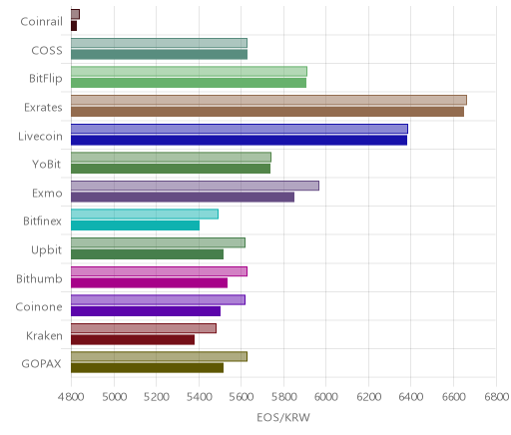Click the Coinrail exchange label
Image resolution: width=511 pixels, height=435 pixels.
pyautogui.click(x=41, y=22)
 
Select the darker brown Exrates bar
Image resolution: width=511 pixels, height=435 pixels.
pyautogui.click(x=267, y=112)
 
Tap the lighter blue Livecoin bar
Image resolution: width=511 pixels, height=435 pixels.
pyautogui.click(x=240, y=129)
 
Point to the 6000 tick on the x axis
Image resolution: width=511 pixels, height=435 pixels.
pyautogui.click(x=325, y=397)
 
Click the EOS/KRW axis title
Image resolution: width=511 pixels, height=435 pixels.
pyautogui.click(x=283, y=417)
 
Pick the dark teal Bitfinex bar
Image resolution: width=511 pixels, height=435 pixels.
pyautogui.click(x=135, y=225)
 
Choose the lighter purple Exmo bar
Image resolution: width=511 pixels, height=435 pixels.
pyautogui.click(x=195, y=186)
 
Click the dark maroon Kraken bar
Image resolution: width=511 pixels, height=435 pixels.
pyautogui.click(x=133, y=339)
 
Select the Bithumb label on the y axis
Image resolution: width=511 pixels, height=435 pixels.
pyautogui.click(x=39, y=278)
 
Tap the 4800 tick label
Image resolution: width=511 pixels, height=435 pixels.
pyautogui.click(x=71, y=397)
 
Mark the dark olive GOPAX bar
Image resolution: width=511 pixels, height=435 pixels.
pyautogui.click(x=147, y=368)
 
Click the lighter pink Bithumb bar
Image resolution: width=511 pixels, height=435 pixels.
pyautogui.click(x=159, y=271)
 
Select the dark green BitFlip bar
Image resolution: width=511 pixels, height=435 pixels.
pyautogui.click(x=189, y=83)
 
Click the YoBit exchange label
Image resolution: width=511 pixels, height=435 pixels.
pyautogui.click(x=47, y=165)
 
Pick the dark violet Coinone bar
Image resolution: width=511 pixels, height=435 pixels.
pyautogui.click(x=146, y=311)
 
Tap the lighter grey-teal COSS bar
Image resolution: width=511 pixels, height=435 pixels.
pyautogui.click(x=159, y=43)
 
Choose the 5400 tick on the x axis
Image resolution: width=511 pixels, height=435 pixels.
pyautogui.click(x=199, y=397)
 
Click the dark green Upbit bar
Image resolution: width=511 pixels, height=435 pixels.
pyautogui.click(x=147, y=254)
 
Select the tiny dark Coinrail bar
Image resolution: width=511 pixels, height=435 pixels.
pyautogui.click(x=74, y=26)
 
